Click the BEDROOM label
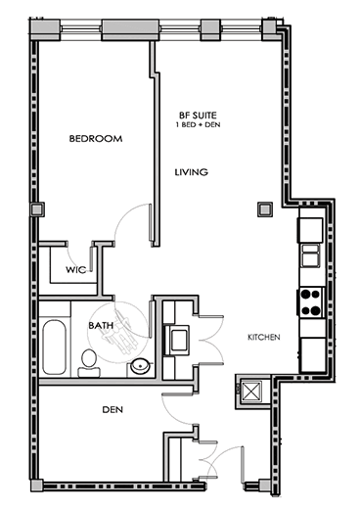[96, 139]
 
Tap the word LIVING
[192, 172]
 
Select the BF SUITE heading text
[198, 116]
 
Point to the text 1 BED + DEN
[198, 124]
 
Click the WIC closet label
[76, 270]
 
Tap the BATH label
[101, 325]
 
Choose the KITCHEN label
[264, 337]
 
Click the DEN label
[112, 409]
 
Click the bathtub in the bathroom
[54, 347]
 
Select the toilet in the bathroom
[88, 363]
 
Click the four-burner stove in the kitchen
[310, 301]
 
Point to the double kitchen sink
[310, 255]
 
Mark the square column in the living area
[264, 209]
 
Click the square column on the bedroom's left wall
[37, 209]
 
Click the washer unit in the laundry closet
[177, 340]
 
